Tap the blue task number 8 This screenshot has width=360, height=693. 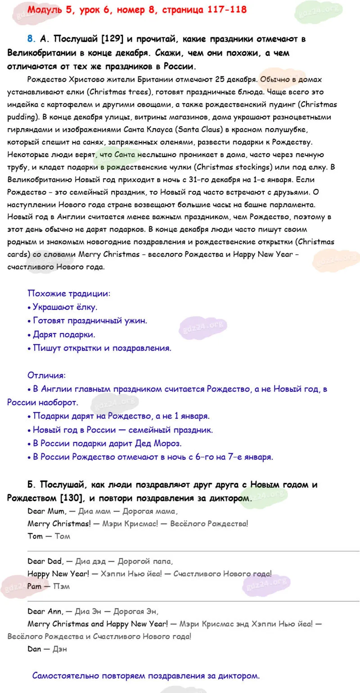(x=30, y=39)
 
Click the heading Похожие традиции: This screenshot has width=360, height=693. (x=69, y=293)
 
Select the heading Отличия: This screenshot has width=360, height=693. (x=46, y=375)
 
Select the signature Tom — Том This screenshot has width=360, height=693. (x=49, y=536)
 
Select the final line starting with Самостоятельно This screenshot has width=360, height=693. (x=146, y=675)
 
